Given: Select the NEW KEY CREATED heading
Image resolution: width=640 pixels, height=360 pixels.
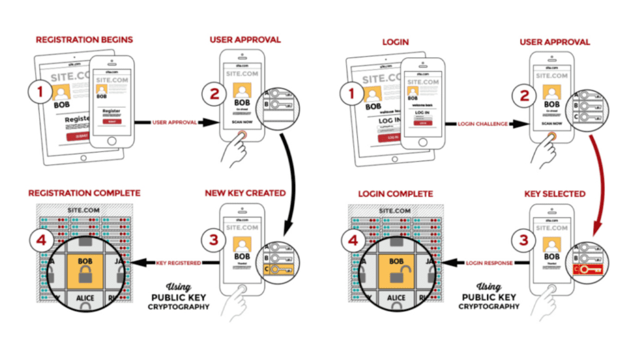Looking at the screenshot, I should [244, 193].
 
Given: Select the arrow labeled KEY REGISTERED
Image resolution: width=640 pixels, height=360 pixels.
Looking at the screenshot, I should [178, 263].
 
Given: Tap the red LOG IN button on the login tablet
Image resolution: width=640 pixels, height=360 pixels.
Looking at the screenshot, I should [391, 137].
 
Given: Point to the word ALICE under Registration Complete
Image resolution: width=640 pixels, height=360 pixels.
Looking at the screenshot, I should [86, 299].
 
